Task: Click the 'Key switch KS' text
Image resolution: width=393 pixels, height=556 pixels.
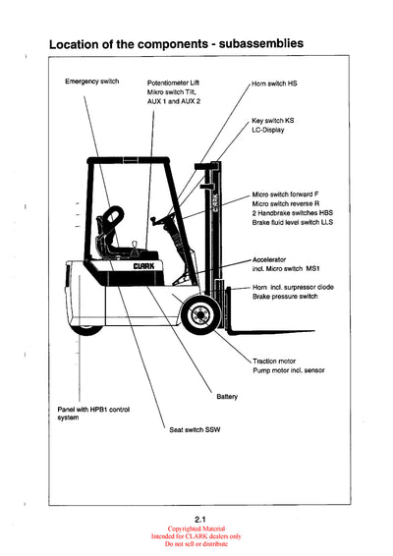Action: coord(272,120)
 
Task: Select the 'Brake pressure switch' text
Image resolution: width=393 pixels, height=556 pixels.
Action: coord(284,295)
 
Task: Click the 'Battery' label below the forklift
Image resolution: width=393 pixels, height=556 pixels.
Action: coord(227,396)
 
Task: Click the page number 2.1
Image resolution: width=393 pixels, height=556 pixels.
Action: coord(197,518)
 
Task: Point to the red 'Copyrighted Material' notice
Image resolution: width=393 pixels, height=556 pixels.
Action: coord(196,528)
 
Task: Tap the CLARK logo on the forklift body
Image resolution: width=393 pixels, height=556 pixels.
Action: coord(148,265)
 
